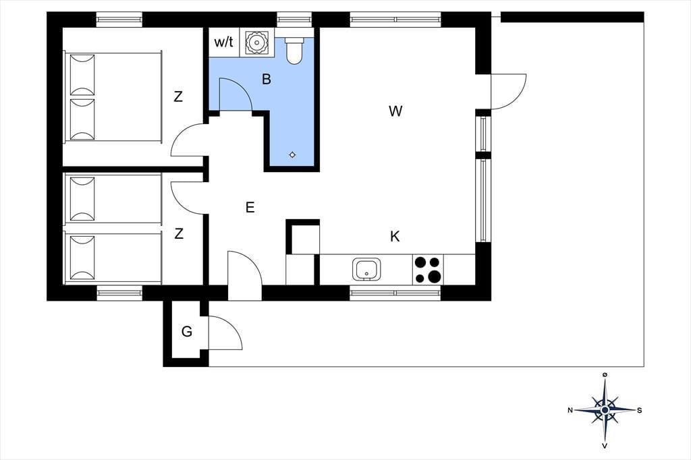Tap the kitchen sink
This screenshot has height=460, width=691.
(x=366, y=269)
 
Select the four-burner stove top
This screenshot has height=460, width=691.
(x=428, y=270)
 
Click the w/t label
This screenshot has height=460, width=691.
(x=223, y=42)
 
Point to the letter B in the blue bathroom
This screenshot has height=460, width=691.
(x=267, y=80)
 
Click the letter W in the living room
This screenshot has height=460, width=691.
(x=395, y=111)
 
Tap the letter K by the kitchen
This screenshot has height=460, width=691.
(x=395, y=236)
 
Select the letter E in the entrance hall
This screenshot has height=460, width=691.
(x=250, y=208)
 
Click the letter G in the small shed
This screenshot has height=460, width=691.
(x=187, y=332)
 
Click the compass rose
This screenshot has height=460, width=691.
(x=605, y=409)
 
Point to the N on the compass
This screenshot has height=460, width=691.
(x=570, y=410)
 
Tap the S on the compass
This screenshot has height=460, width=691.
(x=640, y=410)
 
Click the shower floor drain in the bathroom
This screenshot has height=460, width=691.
(x=292, y=154)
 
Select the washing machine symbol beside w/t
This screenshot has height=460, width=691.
(x=257, y=42)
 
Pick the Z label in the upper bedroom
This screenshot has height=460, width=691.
(x=178, y=97)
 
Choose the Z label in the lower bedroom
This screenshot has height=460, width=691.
(x=179, y=234)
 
